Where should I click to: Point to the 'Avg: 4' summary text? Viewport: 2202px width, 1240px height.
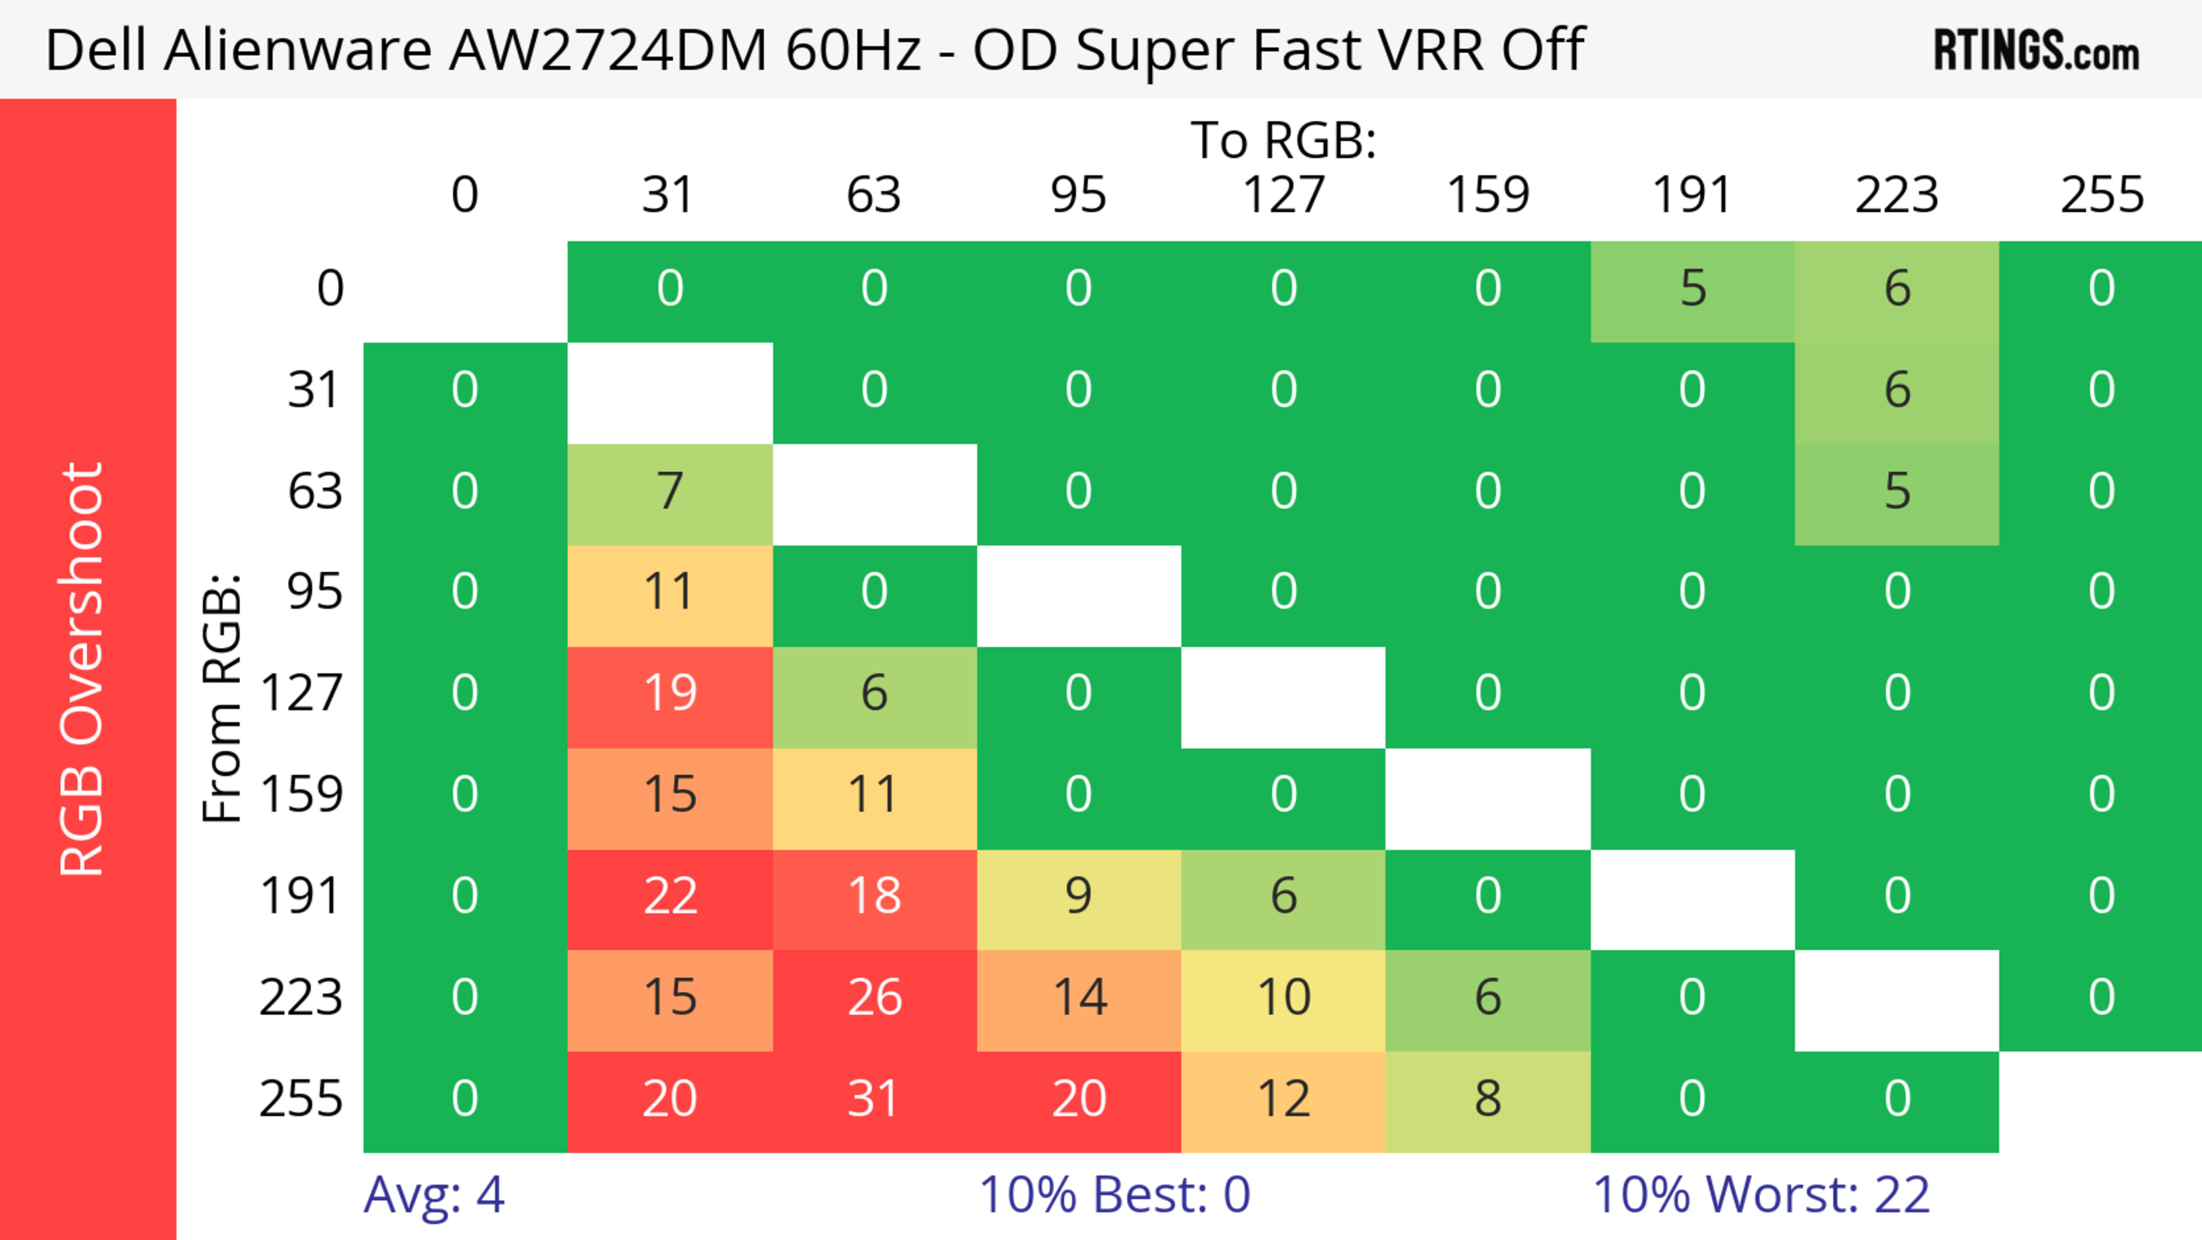[x=434, y=1195]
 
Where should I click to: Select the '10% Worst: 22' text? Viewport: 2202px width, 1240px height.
[x=1761, y=1195]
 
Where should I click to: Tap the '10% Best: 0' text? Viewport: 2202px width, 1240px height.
[x=1114, y=1195]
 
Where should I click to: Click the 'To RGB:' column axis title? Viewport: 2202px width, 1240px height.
[x=1283, y=139]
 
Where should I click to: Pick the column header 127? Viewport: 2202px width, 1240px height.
[x=1283, y=195]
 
